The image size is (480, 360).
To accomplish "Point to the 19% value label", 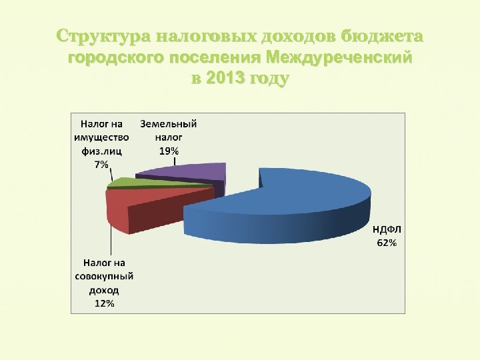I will point(169,151).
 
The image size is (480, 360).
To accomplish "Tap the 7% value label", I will point(101,165).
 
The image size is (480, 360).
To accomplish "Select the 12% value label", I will point(103,303).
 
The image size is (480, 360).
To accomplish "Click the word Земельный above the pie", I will point(169,124).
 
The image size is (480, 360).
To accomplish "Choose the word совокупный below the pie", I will point(103,277).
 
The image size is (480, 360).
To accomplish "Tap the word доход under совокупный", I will point(103,290).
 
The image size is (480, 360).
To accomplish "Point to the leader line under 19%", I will point(175,161).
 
